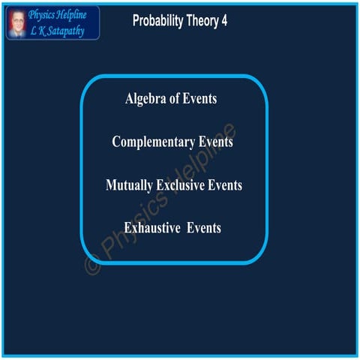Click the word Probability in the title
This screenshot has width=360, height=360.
tap(160, 21)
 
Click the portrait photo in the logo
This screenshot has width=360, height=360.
tap(16, 22)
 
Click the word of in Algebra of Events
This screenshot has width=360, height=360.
tap(178, 99)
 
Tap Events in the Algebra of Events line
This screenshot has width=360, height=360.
tap(202, 99)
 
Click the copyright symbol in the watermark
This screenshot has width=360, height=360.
tap(91, 265)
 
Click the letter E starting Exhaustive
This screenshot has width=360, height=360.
tap(128, 227)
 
